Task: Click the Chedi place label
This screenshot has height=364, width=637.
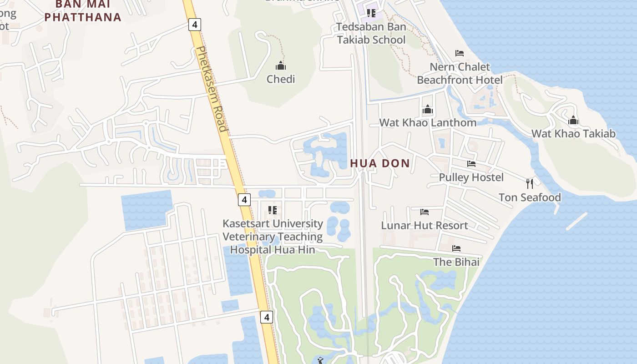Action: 281,79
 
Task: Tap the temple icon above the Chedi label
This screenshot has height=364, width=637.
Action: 281,66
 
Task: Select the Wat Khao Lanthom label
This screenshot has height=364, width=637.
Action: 428,122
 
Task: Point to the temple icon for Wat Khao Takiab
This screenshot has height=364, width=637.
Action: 573,121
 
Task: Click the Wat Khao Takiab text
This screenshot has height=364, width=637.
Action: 573,134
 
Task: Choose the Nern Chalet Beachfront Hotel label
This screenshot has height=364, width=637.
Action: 460,74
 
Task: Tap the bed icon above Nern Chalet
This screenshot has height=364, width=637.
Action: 460,53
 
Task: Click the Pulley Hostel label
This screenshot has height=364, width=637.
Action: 471,177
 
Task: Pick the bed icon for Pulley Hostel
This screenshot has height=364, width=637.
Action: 471,164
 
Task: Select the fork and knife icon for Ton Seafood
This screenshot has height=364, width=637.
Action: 530,184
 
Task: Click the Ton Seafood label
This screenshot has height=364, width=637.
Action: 530,197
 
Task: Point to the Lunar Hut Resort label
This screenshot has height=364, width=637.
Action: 424,226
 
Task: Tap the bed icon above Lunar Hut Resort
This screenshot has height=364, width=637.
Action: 424,212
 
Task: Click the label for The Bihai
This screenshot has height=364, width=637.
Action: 456,262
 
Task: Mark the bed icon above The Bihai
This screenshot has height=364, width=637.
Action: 456,248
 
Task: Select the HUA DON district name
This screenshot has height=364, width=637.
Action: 380,163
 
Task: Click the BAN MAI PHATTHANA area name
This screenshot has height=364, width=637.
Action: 83,11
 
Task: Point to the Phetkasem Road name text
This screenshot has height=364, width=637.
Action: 211,89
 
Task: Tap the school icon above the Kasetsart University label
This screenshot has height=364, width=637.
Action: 273,210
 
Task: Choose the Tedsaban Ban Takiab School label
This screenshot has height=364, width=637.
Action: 371,33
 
